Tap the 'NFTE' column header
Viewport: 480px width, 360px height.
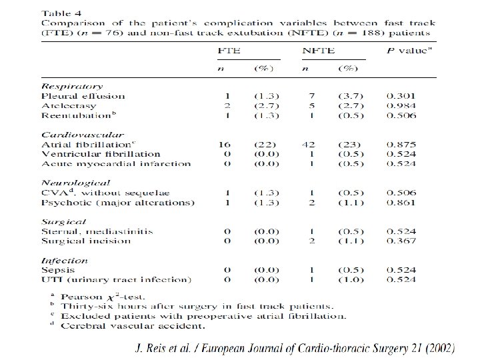tap(318, 51)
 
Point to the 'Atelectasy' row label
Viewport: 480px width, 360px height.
tap(69, 105)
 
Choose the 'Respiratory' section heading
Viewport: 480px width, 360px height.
tap(72, 86)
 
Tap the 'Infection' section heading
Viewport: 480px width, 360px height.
tap(64, 261)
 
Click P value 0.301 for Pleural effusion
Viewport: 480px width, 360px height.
tap(401, 96)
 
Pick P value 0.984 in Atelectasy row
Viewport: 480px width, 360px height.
tap(401, 105)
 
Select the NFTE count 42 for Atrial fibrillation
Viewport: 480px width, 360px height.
tap(308, 144)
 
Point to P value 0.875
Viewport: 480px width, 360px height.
tap(401, 144)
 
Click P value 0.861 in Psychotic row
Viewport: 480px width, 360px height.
tap(401, 202)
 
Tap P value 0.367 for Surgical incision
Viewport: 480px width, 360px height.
tap(401, 241)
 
